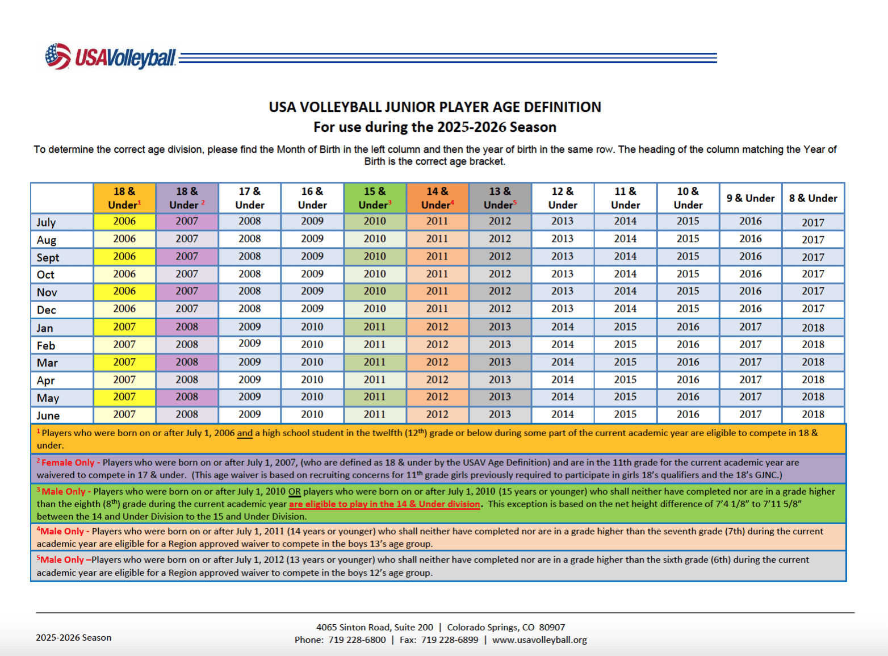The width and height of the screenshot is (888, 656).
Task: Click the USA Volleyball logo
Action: (x=111, y=57)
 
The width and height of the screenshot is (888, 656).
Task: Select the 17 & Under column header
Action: (x=250, y=198)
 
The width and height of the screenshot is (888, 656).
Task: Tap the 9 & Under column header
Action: (x=750, y=198)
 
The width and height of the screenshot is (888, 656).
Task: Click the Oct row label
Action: (x=45, y=275)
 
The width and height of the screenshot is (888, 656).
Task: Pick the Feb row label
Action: (x=46, y=345)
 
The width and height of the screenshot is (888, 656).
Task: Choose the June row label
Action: (x=48, y=415)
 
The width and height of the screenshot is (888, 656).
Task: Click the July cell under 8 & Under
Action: (x=812, y=223)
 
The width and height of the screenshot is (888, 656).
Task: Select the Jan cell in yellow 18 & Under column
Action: (x=124, y=327)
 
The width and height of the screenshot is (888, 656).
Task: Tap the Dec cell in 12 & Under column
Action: (x=562, y=308)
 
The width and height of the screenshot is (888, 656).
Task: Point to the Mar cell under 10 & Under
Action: (x=688, y=362)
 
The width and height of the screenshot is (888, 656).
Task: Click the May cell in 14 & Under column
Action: (x=437, y=396)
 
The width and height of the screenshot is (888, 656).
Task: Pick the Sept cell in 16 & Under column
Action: (x=312, y=256)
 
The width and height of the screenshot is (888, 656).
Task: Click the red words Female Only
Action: (x=68, y=462)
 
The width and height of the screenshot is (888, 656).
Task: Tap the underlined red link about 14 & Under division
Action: (x=384, y=504)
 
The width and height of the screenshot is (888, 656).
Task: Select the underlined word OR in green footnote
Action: (x=294, y=491)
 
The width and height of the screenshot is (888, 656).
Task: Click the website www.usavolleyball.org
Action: (x=539, y=640)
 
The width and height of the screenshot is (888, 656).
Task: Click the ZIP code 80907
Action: (x=552, y=627)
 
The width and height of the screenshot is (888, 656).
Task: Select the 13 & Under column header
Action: (x=500, y=198)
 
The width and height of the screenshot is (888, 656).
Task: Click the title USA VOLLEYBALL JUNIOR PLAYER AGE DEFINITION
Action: (x=435, y=107)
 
